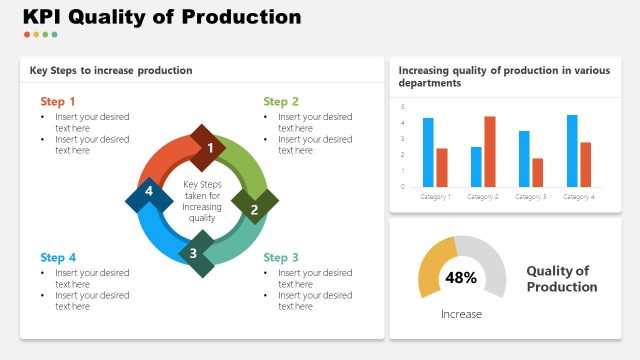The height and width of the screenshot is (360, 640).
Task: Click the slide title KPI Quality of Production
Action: click(161, 17)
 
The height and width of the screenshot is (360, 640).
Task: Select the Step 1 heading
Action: click(58, 101)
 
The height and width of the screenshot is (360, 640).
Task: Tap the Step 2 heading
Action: click(281, 101)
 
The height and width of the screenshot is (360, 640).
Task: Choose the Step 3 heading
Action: click(281, 257)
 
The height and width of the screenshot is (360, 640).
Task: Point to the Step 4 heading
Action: click(58, 257)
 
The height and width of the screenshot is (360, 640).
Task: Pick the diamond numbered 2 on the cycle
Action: click(254, 209)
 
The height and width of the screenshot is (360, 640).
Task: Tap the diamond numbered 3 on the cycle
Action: click(194, 253)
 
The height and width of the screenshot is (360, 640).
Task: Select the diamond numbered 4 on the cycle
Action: click(149, 191)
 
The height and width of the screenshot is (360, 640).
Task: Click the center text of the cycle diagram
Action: click(202, 201)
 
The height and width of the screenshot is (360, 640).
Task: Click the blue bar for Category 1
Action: click(428, 152)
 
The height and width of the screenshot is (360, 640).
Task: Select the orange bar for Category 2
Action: click(490, 151)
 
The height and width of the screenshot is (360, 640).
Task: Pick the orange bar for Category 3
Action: click(538, 172)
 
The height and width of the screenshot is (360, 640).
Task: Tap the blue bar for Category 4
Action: click(572, 150)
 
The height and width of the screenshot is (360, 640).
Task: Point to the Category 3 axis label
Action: click(531, 197)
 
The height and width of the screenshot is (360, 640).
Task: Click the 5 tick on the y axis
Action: click(403, 107)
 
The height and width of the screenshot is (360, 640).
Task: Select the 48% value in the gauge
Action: click(461, 277)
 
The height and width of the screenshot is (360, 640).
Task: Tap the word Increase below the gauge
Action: click(461, 314)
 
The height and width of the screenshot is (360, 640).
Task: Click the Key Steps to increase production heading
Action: click(111, 70)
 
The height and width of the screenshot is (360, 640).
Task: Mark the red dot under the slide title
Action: click(27, 34)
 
